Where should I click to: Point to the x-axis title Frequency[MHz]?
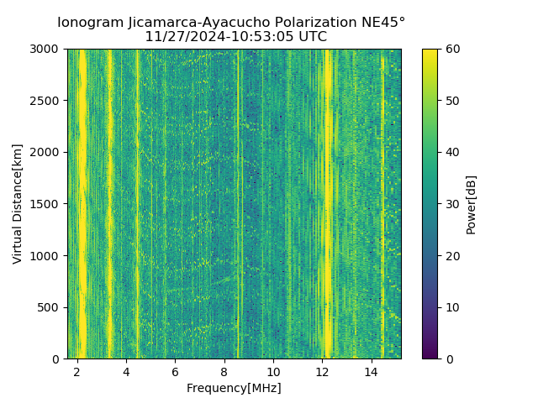[235, 388]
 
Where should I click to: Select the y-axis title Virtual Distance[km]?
[18, 204]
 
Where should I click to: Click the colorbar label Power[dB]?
[472, 204]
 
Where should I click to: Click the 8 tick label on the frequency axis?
[224, 372]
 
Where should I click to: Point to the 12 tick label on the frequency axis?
[323, 372]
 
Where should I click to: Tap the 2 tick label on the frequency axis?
[76, 372]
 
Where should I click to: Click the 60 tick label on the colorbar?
[451, 49]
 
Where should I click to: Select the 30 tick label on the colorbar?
[451, 204]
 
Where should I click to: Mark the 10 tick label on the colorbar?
[451, 307]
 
